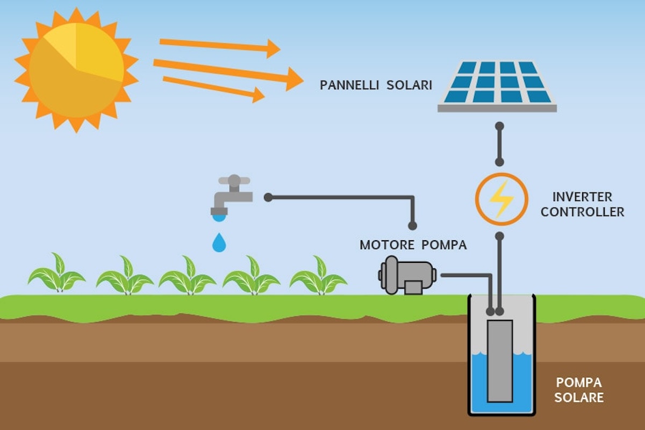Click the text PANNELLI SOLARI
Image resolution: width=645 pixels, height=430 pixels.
click(x=376, y=85)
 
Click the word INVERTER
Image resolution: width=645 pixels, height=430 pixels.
click(x=582, y=197)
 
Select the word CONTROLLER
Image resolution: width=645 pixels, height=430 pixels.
click(x=582, y=212)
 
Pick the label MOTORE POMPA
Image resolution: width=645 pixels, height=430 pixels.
click(x=413, y=246)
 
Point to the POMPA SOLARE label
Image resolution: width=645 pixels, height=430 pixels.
click(x=579, y=390)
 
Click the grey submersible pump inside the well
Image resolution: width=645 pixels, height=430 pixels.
click(x=500, y=360)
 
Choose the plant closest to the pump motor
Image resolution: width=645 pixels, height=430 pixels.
click(x=318, y=275)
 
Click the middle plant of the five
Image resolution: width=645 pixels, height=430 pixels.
click(x=188, y=275)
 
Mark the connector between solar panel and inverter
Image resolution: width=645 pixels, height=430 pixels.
click(x=499, y=144)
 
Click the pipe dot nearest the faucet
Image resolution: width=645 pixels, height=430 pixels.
click(x=268, y=197)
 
